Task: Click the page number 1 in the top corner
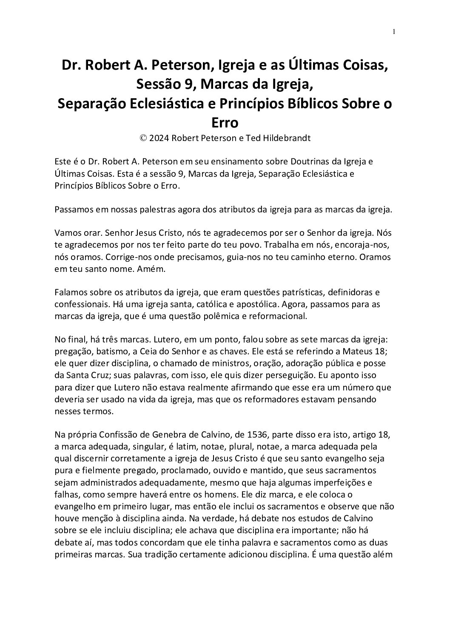coord(394,31)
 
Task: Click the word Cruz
coord(110,376)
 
